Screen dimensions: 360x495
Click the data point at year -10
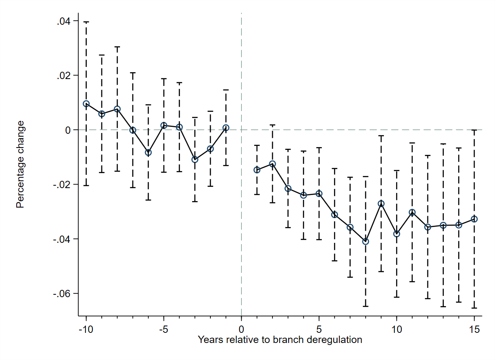coord(86,104)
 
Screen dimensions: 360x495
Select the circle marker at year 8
coord(366,241)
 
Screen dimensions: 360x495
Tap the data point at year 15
coord(474,219)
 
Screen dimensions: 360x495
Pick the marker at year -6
coord(148,152)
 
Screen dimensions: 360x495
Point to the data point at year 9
coord(381,204)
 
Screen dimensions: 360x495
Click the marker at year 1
coord(257,170)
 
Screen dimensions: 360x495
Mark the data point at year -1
coord(226,128)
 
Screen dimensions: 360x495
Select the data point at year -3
coord(195,159)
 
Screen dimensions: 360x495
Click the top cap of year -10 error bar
coord(86,22)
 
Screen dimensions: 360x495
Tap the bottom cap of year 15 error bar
coord(474,308)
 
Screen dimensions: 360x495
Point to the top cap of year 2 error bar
coord(272,125)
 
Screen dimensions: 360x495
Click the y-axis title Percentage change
coord(20,164)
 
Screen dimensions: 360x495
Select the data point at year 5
coord(319,194)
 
